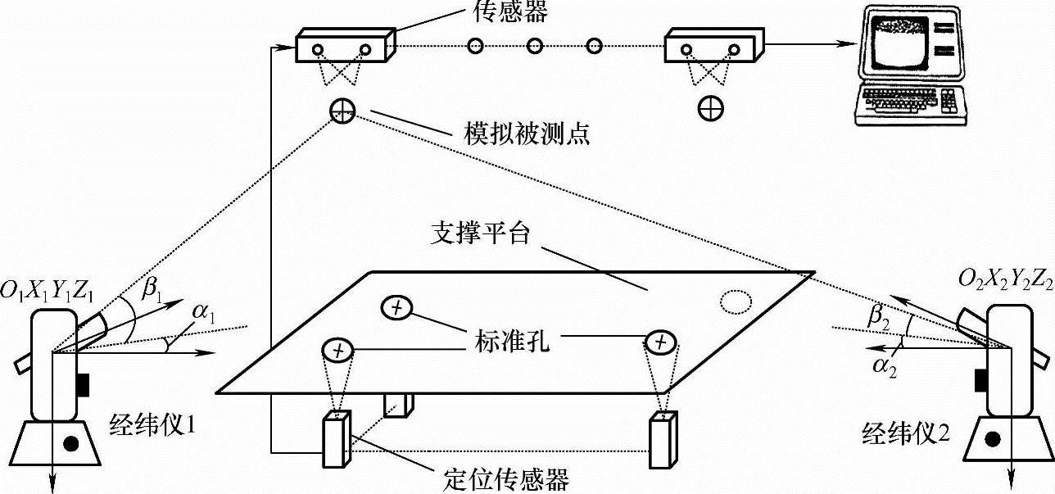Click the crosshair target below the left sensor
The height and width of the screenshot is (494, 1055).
point(342,109)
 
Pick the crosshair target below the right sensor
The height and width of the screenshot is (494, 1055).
point(710,107)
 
